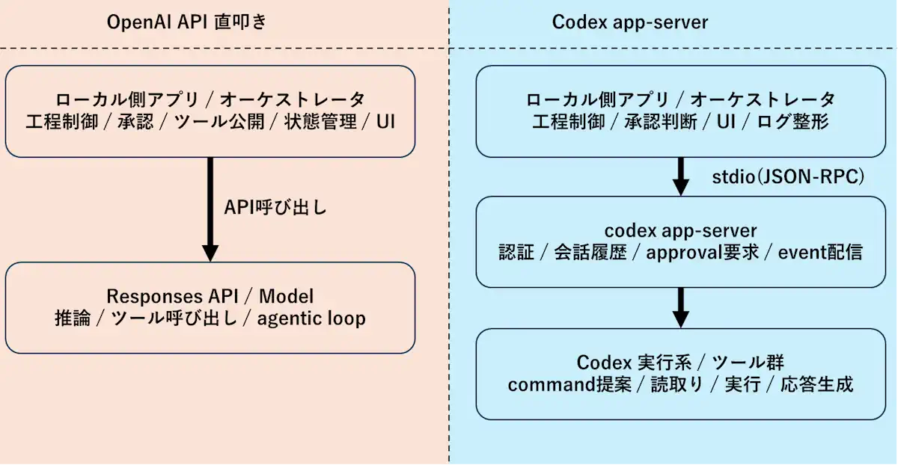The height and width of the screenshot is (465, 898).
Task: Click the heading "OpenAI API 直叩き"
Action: pyautogui.click(x=187, y=22)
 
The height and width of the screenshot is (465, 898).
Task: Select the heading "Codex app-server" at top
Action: pyautogui.click(x=629, y=22)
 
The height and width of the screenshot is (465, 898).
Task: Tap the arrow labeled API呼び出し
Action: pyautogui.click(x=210, y=209)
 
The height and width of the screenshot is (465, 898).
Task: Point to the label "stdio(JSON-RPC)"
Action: pyautogui.click(x=787, y=177)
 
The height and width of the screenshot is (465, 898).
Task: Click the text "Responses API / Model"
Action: pyautogui.click(x=210, y=295)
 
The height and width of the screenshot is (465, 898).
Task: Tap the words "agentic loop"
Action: pyautogui.click(x=311, y=318)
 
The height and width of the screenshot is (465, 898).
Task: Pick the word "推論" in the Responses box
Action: pyautogui.click(x=73, y=318)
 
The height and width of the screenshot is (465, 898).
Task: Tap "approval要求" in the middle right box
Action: pyautogui.click(x=703, y=253)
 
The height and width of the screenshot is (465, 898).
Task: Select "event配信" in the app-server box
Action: pyautogui.click(x=820, y=253)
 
